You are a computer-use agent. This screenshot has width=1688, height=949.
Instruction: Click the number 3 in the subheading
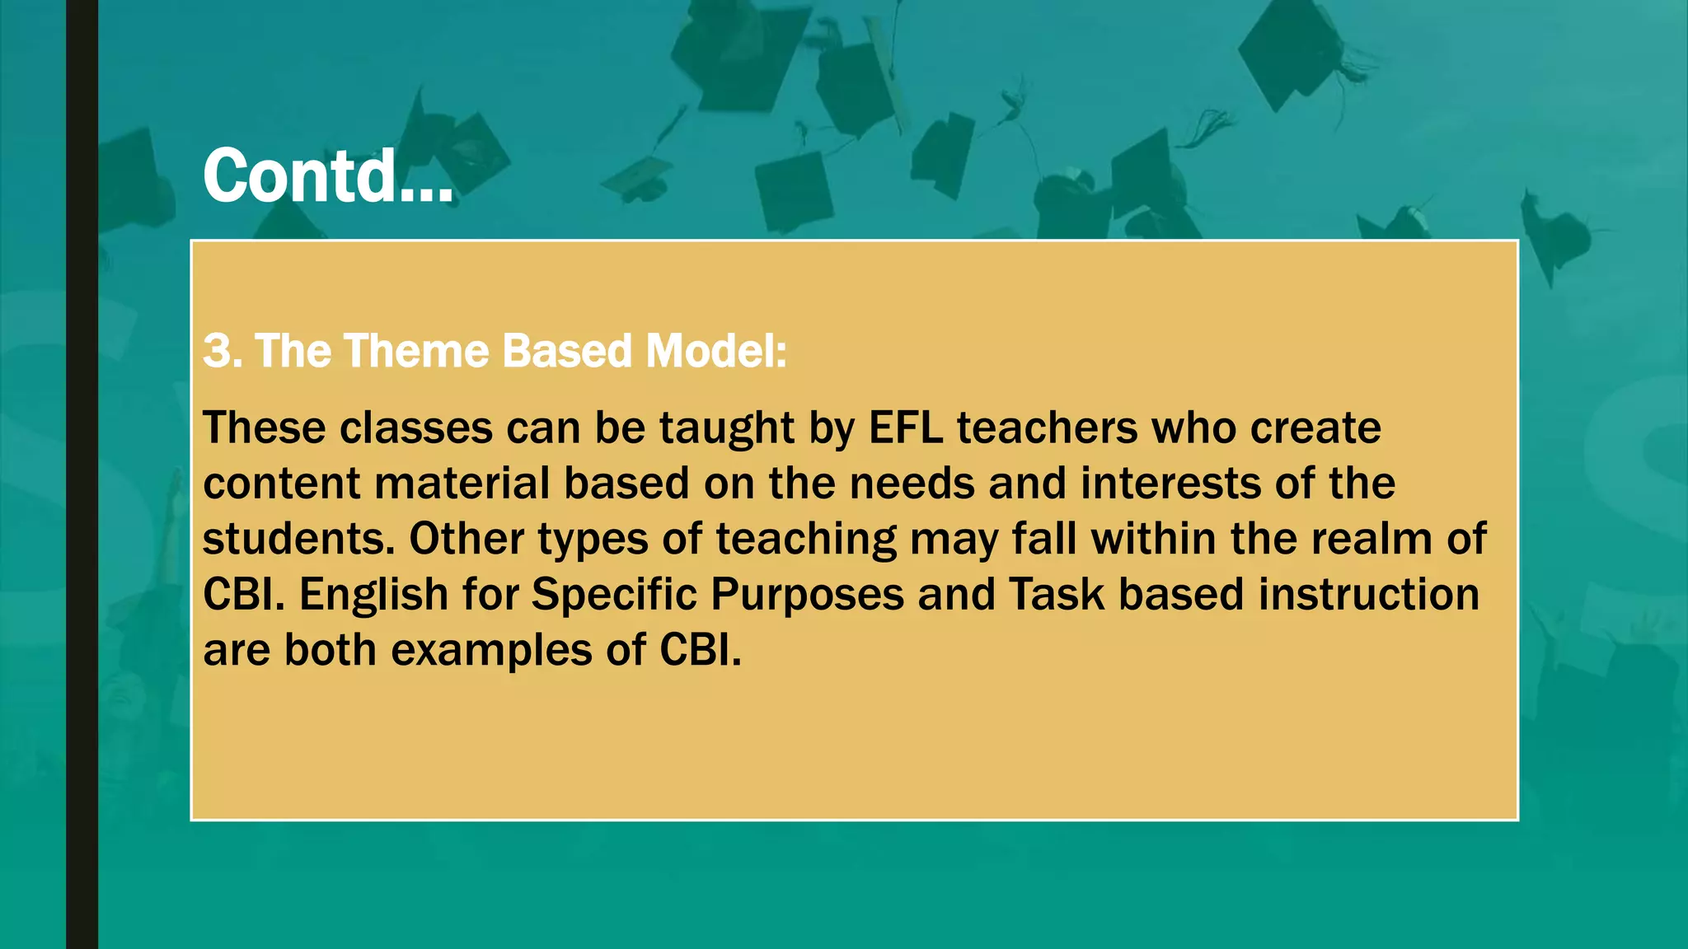coord(218,351)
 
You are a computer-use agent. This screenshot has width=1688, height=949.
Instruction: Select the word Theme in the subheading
coord(417,351)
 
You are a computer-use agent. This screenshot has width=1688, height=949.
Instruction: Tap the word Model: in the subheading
coord(715,351)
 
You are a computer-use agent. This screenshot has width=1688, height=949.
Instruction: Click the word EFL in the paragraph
coord(905,428)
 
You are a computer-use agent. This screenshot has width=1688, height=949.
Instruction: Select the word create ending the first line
coord(1315,428)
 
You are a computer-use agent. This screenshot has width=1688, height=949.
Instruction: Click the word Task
coord(1056,595)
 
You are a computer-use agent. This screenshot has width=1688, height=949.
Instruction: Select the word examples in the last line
coord(491,651)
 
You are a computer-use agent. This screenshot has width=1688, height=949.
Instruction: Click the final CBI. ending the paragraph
coord(700,650)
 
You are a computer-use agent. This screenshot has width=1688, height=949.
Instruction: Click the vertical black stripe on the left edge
coord(82,474)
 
